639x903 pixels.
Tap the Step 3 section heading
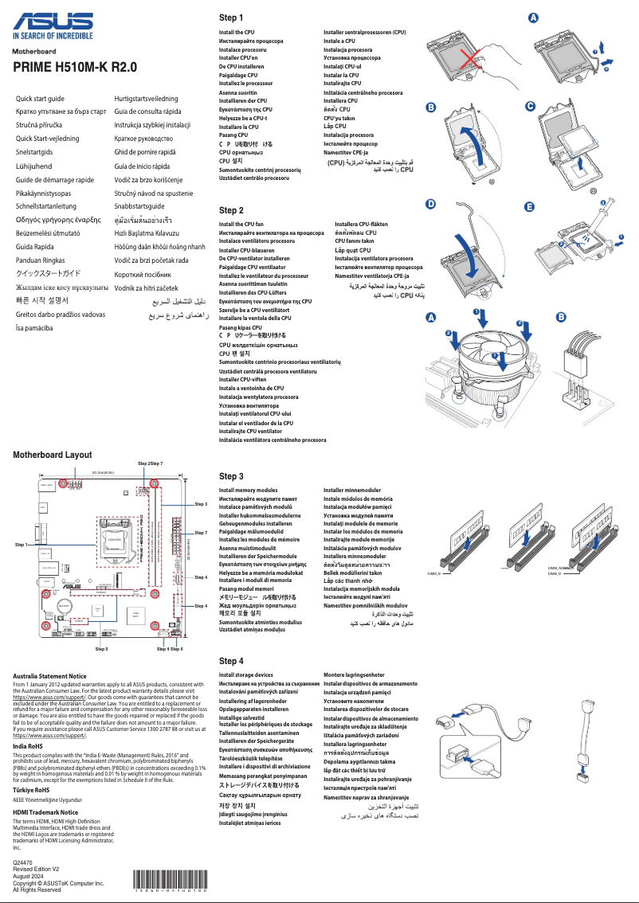click(x=231, y=475)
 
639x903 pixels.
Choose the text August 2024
click(x=29, y=876)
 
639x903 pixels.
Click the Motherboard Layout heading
click(x=53, y=455)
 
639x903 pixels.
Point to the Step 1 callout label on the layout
click(x=22, y=544)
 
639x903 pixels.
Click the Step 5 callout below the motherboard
click(x=101, y=649)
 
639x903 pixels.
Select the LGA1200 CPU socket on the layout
click(x=113, y=538)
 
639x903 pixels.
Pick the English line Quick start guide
click(x=41, y=98)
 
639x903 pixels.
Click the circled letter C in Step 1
click(x=530, y=107)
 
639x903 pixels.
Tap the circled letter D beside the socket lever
click(x=431, y=204)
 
